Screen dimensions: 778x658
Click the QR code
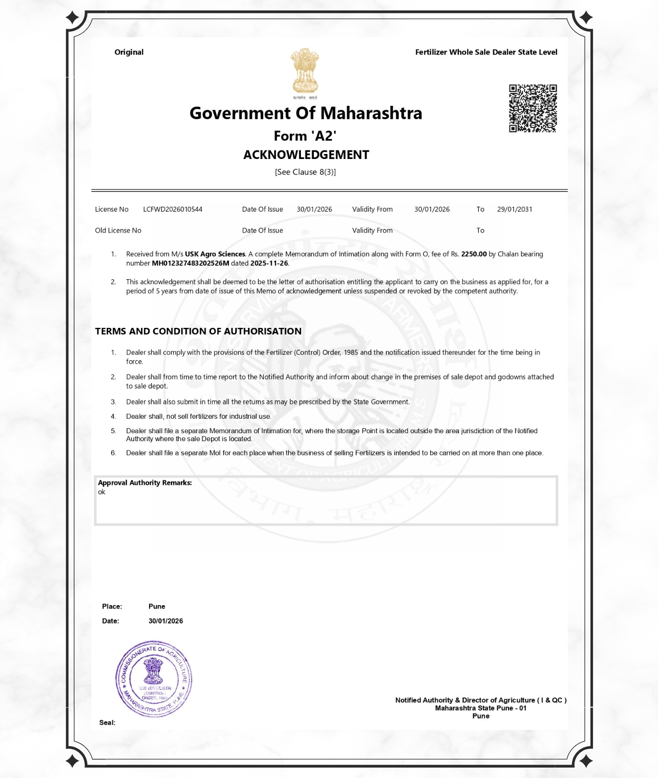(532, 108)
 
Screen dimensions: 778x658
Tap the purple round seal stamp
(153, 679)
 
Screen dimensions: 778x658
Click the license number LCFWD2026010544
(172, 209)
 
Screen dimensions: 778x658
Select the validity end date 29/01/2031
(514, 209)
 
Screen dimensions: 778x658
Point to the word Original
(129, 52)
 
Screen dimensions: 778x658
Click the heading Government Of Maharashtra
(305, 113)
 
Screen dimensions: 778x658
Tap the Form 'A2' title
(305, 136)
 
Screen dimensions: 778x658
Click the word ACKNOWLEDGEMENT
(306, 155)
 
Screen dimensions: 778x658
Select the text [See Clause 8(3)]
(305, 172)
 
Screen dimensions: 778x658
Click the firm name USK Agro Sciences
(215, 254)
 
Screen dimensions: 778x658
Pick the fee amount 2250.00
(474, 254)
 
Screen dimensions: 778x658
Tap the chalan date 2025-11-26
(269, 263)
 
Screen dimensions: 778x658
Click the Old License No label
(118, 231)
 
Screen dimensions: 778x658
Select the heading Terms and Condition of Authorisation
(198, 331)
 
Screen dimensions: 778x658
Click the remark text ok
(101, 492)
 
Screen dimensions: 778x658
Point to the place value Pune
(156, 606)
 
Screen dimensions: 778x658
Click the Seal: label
(107, 722)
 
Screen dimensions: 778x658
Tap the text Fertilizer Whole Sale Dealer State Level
(486, 52)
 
